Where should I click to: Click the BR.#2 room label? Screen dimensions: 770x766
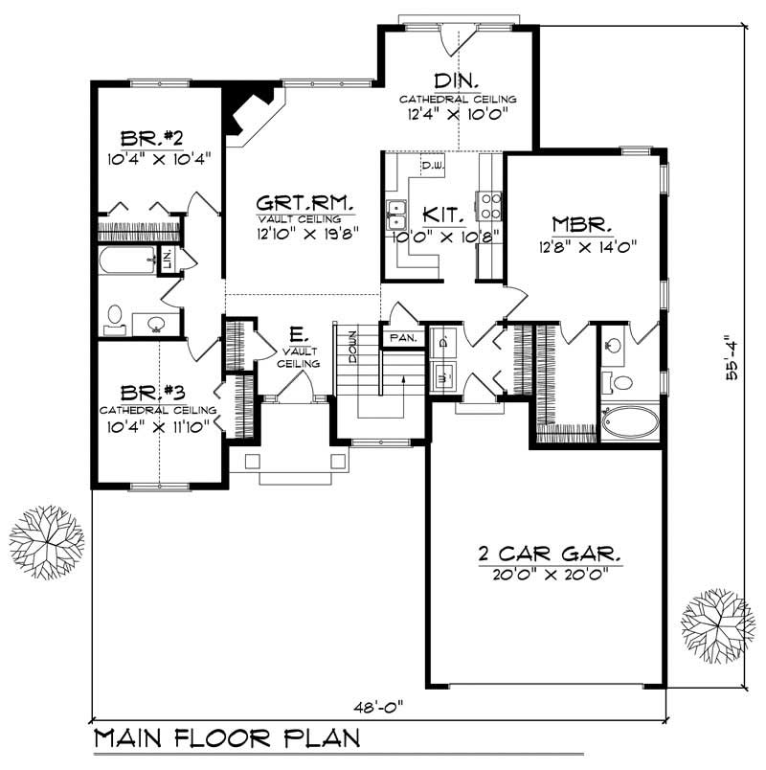coord(146,135)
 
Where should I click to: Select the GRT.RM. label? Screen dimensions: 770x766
coord(305,203)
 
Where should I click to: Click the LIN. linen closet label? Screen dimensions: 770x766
coord(167,257)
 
